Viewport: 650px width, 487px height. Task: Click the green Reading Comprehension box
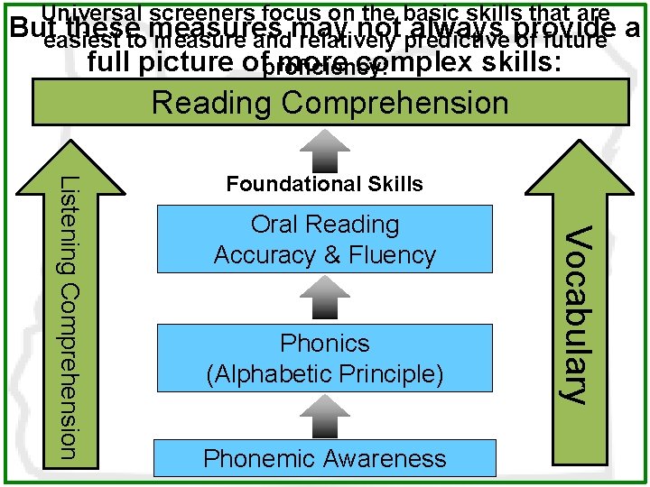click(330, 102)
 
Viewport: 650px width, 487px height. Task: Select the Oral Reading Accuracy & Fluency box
click(325, 239)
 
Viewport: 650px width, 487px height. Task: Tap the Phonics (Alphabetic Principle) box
click(325, 358)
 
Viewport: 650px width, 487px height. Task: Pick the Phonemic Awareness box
click(325, 458)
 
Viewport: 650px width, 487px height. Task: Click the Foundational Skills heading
click(325, 184)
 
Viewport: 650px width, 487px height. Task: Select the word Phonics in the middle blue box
click(325, 344)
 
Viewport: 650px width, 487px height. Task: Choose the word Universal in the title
click(90, 12)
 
